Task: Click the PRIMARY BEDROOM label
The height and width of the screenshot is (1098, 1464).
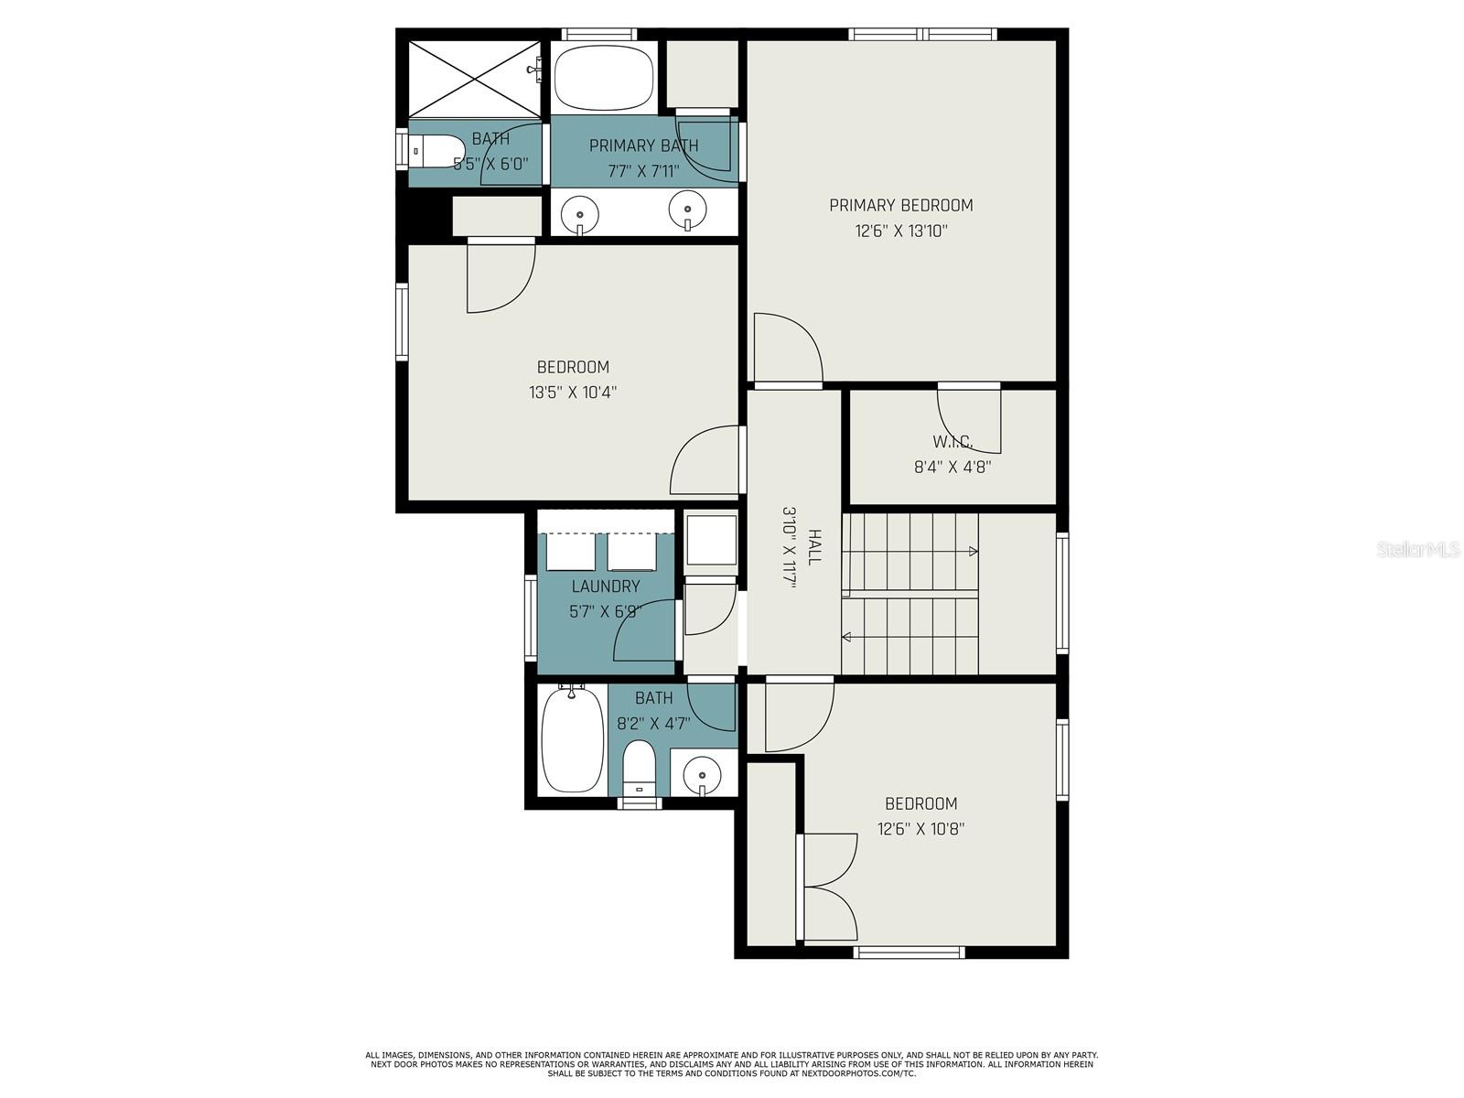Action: tap(900, 205)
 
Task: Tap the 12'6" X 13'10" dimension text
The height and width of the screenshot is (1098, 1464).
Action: tap(901, 231)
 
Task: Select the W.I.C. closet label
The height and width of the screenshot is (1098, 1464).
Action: tap(953, 441)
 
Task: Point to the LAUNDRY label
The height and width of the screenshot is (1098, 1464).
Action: tap(606, 586)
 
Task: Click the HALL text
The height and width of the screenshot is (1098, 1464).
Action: tap(814, 546)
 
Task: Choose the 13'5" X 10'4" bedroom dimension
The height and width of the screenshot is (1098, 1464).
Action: tap(573, 392)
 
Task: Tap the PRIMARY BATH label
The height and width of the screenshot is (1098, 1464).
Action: tap(643, 145)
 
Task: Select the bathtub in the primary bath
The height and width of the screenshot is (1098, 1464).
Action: tap(604, 78)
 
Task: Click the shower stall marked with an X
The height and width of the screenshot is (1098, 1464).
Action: tap(474, 80)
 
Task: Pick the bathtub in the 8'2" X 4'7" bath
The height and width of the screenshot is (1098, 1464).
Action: tap(572, 739)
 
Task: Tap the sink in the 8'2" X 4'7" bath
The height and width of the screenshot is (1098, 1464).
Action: tap(702, 775)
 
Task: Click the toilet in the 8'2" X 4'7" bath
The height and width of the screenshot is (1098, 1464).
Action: tap(640, 768)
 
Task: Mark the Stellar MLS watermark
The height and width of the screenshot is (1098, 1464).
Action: tap(1418, 549)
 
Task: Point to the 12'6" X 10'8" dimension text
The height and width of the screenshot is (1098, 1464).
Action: tap(921, 829)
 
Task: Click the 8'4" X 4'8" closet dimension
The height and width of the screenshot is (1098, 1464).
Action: tap(953, 467)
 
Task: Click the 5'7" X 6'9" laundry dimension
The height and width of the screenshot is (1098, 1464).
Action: tap(606, 611)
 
